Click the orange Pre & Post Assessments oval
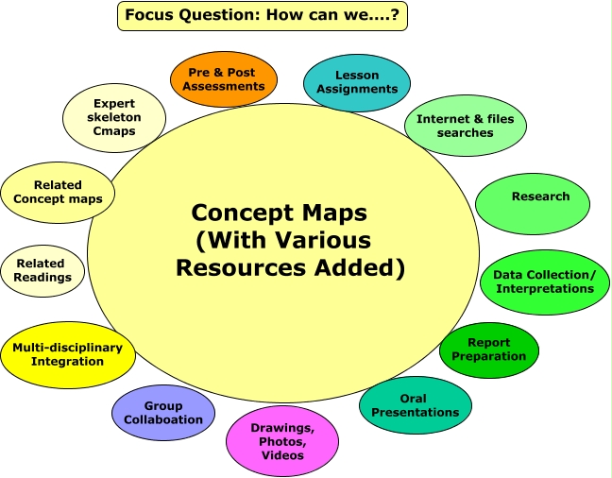(226, 79)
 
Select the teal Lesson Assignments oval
(357, 82)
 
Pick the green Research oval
(534, 200)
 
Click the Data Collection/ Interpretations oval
(544, 282)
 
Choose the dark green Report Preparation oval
(488, 350)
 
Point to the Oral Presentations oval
(415, 405)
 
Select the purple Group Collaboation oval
(163, 413)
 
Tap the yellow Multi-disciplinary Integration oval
(67, 354)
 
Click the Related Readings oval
(42, 270)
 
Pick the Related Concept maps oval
(58, 192)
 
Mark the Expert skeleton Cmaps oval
(114, 118)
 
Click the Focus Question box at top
(263, 16)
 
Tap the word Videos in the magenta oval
(282, 455)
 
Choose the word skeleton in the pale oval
(114, 117)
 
